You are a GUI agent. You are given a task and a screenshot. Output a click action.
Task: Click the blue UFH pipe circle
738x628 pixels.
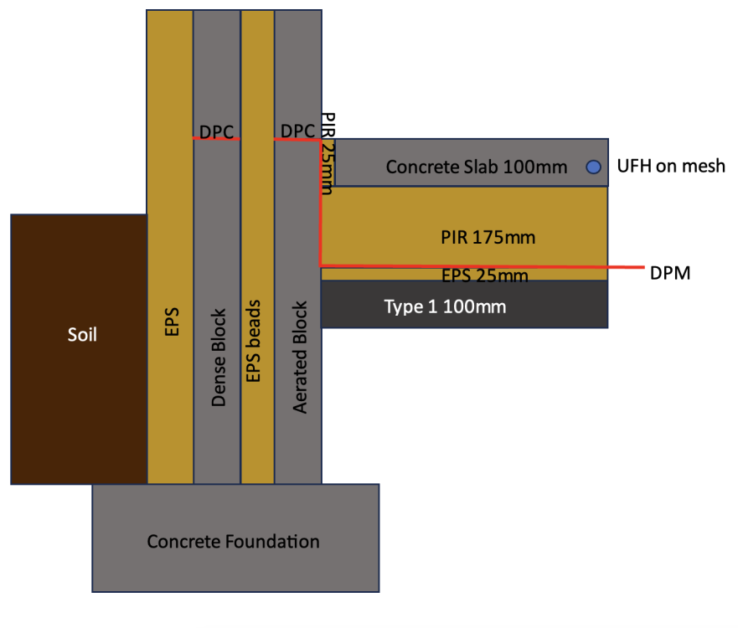(x=594, y=167)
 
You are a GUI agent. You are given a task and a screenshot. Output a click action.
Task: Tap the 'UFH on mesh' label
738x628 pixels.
(x=671, y=166)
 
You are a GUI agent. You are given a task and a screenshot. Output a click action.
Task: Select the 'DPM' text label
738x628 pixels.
(x=670, y=273)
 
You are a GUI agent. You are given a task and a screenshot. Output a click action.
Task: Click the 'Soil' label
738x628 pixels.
(x=82, y=335)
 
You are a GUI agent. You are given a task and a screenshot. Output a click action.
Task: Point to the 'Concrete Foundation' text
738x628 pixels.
(x=233, y=542)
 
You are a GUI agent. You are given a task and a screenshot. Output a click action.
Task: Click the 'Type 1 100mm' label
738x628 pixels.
(x=445, y=306)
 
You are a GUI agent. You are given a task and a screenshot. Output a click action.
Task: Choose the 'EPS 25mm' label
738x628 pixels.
(x=485, y=275)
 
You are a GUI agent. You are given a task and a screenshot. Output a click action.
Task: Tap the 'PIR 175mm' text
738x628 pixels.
(x=488, y=238)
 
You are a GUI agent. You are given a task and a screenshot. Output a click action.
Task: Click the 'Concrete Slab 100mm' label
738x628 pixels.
(x=477, y=167)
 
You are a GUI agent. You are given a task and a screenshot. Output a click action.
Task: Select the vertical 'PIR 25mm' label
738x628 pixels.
(x=328, y=153)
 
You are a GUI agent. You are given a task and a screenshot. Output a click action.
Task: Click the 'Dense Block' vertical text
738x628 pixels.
(x=219, y=358)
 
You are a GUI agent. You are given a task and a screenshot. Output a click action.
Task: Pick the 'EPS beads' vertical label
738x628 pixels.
(x=253, y=341)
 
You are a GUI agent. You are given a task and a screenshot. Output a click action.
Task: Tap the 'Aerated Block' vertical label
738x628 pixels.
(x=300, y=358)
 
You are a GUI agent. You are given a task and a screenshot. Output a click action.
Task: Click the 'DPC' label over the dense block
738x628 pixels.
(x=216, y=132)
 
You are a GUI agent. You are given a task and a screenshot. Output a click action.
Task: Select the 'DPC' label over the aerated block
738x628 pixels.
(x=297, y=131)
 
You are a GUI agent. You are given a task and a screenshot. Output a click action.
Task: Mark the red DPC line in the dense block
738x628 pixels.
(x=216, y=139)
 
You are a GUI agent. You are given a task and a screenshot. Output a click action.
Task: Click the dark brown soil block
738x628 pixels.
(x=79, y=349)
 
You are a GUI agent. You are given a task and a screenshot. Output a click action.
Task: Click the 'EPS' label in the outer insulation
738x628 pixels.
(x=172, y=322)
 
